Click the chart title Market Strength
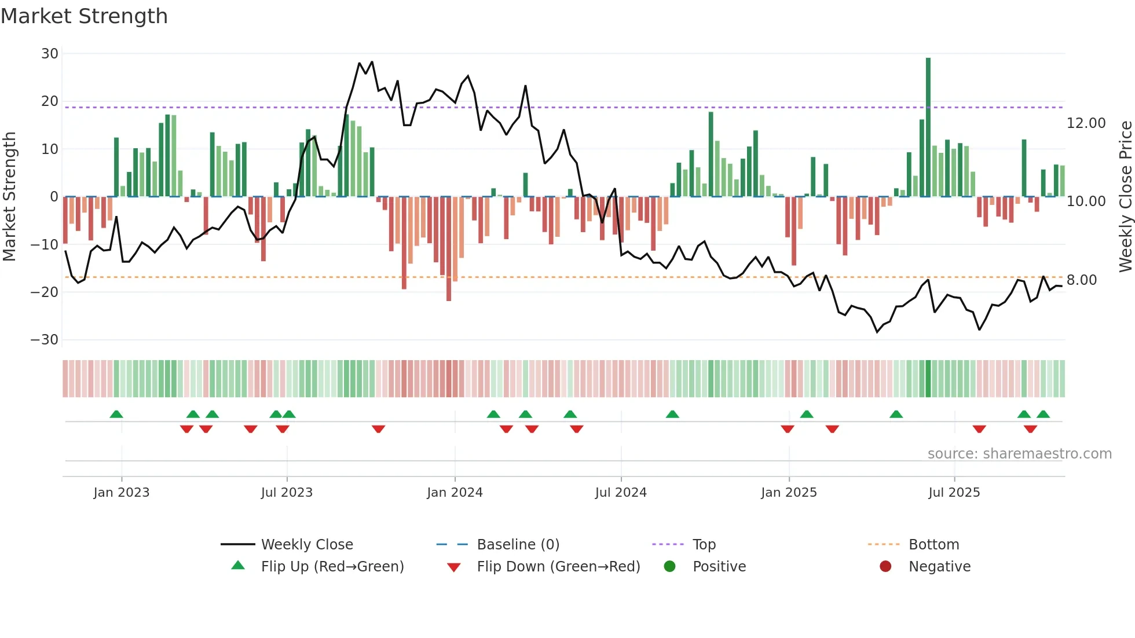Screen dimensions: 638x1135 (x=84, y=16)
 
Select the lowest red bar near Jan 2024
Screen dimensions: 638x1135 (x=449, y=249)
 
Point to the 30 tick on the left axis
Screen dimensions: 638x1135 (x=50, y=54)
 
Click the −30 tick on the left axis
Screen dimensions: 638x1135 (x=45, y=340)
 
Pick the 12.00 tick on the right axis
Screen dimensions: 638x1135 (x=1086, y=123)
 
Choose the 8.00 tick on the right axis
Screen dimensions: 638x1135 (x=1081, y=280)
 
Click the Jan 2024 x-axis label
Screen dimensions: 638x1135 (x=455, y=493)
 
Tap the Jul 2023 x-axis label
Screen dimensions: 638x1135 (x=287, y=493)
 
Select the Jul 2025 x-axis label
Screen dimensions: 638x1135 (x=954, y=493)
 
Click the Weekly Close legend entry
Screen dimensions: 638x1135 (x=306, y=545)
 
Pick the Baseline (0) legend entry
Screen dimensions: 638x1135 (x=518, y=545)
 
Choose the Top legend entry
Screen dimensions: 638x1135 (x=704, y=545)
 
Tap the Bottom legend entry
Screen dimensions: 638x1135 (x=933, y=545)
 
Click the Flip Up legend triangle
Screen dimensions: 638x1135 (x=238, y=566)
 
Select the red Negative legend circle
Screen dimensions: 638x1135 (x=885, y=566)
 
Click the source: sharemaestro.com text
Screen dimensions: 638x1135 (x=1019, y=454)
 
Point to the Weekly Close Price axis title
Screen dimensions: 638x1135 (x=1125, y=197)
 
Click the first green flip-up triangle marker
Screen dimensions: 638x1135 (x=116, y=414)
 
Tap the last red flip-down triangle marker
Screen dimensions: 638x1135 (x=1030, y=429)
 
